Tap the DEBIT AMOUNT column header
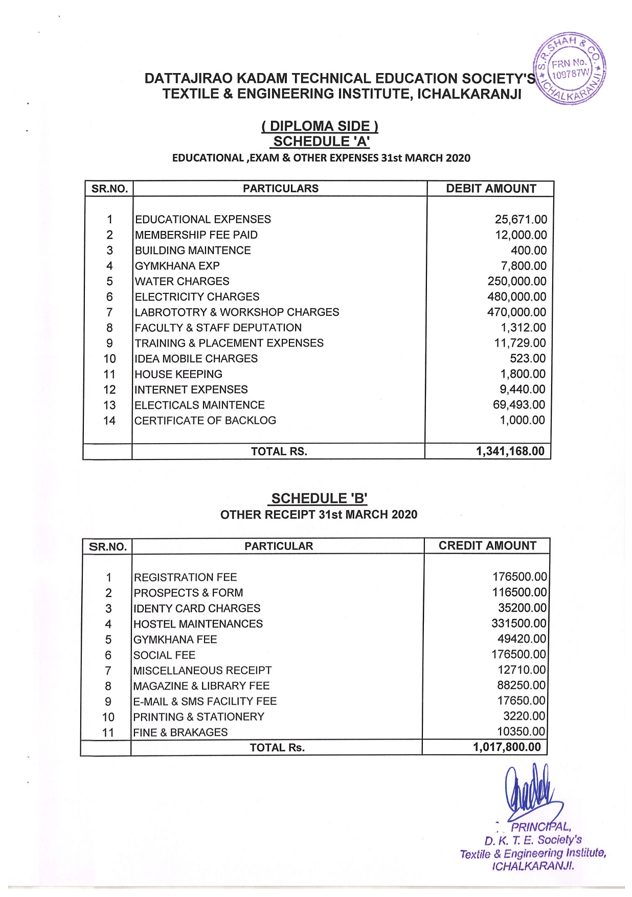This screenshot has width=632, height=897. point(491,189)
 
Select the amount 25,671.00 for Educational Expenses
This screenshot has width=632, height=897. point(521,219)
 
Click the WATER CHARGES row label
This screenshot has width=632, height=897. point(182,281)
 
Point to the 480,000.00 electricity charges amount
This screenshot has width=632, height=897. point(516,296)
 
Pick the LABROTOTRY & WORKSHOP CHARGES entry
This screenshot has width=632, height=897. point(237,312)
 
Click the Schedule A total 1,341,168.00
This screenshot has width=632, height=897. point(510,451)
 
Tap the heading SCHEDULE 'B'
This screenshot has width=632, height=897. point(319,498)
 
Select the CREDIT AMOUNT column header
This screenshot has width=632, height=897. point(487,546)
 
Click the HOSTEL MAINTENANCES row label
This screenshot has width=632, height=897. point(198,624)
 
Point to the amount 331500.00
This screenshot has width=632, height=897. point(519,623)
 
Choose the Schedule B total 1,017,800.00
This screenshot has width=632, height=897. point(506,747)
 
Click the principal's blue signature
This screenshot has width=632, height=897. point(529,792)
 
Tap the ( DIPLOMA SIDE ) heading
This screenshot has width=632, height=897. point(320,126)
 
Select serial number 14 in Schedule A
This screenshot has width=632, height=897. point(109,421)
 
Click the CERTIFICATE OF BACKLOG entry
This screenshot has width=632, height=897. point(205,420)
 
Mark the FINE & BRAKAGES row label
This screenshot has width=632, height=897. point(180,732)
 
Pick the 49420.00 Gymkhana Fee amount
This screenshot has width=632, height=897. point(522,639)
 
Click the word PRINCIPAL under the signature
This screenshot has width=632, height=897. point(541,826)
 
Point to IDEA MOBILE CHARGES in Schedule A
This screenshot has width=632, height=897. point(196,358)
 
